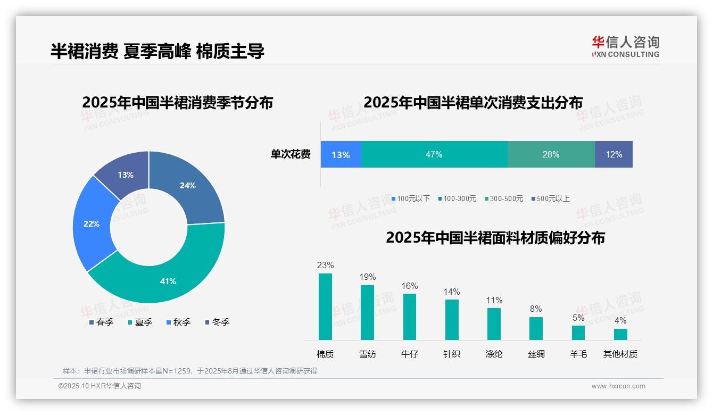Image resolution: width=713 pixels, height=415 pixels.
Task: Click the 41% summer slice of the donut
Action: [x=168, y=281]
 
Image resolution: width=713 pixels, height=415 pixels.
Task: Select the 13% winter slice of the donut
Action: [x=126, y=175]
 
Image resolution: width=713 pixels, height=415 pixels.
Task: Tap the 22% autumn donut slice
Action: [x=92, y=224]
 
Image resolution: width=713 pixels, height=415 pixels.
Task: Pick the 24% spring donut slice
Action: [x=188, y=186]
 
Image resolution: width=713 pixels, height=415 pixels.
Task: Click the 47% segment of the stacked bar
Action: [x=434, y=154]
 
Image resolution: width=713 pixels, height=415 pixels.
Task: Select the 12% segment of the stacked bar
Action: [x=613, y=154]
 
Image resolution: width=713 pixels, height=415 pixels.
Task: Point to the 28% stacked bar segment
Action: [x=551, y=154]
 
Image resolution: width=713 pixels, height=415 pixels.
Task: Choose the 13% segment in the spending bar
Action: [x=341, y=154]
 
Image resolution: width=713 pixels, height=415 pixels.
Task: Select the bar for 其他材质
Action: [x=620, y=334]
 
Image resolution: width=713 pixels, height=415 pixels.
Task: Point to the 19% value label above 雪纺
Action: [x=368, y=277]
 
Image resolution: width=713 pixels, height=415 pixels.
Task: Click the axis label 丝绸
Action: [x=536, y=354]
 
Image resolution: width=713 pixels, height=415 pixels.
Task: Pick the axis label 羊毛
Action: [x=578, y=354]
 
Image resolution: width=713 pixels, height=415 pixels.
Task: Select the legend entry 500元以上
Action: [x=553, y=198]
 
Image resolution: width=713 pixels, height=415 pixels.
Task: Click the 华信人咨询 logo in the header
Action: [x=625, y=46]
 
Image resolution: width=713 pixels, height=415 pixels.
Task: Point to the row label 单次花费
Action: [x=291, y=154]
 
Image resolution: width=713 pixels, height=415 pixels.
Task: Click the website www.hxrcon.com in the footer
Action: [x=618, y=386]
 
